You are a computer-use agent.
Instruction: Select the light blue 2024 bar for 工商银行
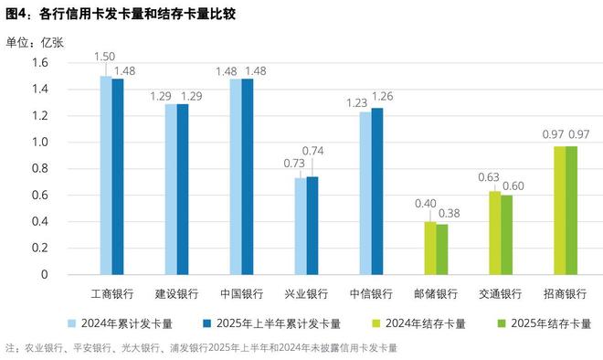pyautogui.click(x=105, y=175)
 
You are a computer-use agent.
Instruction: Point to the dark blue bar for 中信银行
pyautogui.click(x=377, y=191)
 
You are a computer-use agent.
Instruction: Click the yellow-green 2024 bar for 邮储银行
pyautogui.click(x=429, y=248)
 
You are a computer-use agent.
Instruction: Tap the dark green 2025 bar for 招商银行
pyautogui.click(x=572, y=210)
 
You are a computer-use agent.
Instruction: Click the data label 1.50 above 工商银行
pyautogui.click(x=103, y=57)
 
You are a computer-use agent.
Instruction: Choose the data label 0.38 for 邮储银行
pyautogui.click(x=448, y=214)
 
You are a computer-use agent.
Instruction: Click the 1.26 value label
pyautogui.click(x=382, y=96)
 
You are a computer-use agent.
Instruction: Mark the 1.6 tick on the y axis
pyautogui.click(x=40, y=62)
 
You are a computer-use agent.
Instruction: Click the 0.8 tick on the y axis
pyautogui.click(x=40, y=168)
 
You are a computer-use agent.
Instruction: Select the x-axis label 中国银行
pyautogui.click(x=241, y=294)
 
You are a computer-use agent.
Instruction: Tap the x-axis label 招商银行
pyautogui.click(x=566, y=294)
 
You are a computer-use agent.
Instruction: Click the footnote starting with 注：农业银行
pyautogui.click(x=201, y=348)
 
